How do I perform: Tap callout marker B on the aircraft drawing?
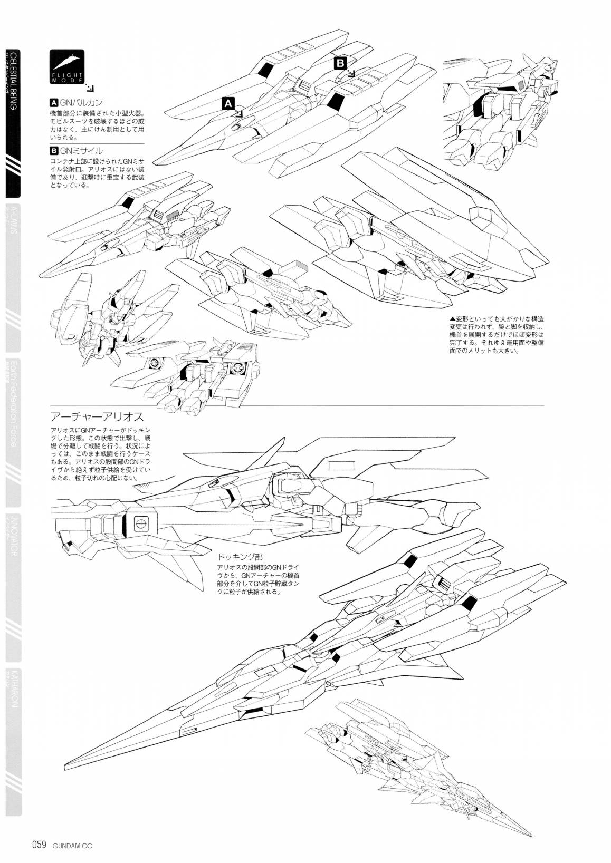[x=340, y=63]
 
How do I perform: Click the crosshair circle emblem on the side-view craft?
[x=140, y=523]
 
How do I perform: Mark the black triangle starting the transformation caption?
[x=452, y=319]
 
